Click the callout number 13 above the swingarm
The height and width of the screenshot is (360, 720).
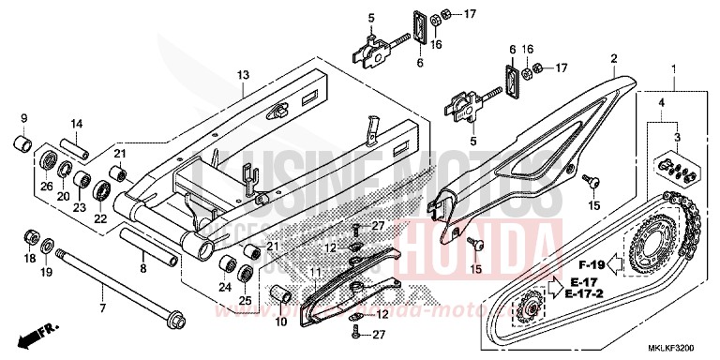[x=242, y=75]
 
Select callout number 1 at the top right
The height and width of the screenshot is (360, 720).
[x=672, y=69]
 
